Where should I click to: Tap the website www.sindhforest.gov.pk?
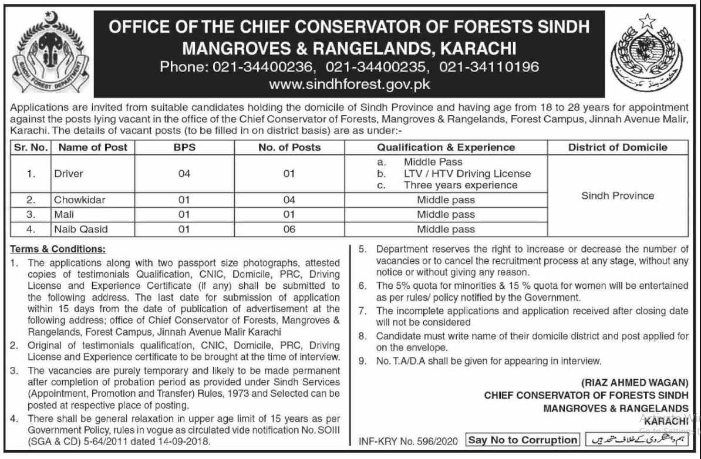pyautogui.click(x=349, y=84)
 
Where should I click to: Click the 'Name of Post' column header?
pyautogui.click(x=93, y=147)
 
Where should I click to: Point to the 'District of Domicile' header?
pyautogui.click(x=617, y=147)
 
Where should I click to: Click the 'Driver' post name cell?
pyautogui.click(x=69, y=174)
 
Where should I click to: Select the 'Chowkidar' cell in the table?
pyautogui.click(x=80, y=200)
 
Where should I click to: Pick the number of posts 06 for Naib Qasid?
pyautogui.click(x=289, y=229)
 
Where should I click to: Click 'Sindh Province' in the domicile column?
pyautogui.click(x=617, y=195)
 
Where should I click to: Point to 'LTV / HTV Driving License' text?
pyautogui.click(x=467, y=174)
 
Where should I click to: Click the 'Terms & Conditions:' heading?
pyautogui.click(x=58, y=248)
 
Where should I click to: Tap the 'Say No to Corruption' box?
pyautogui.click(x=522, y=440)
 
